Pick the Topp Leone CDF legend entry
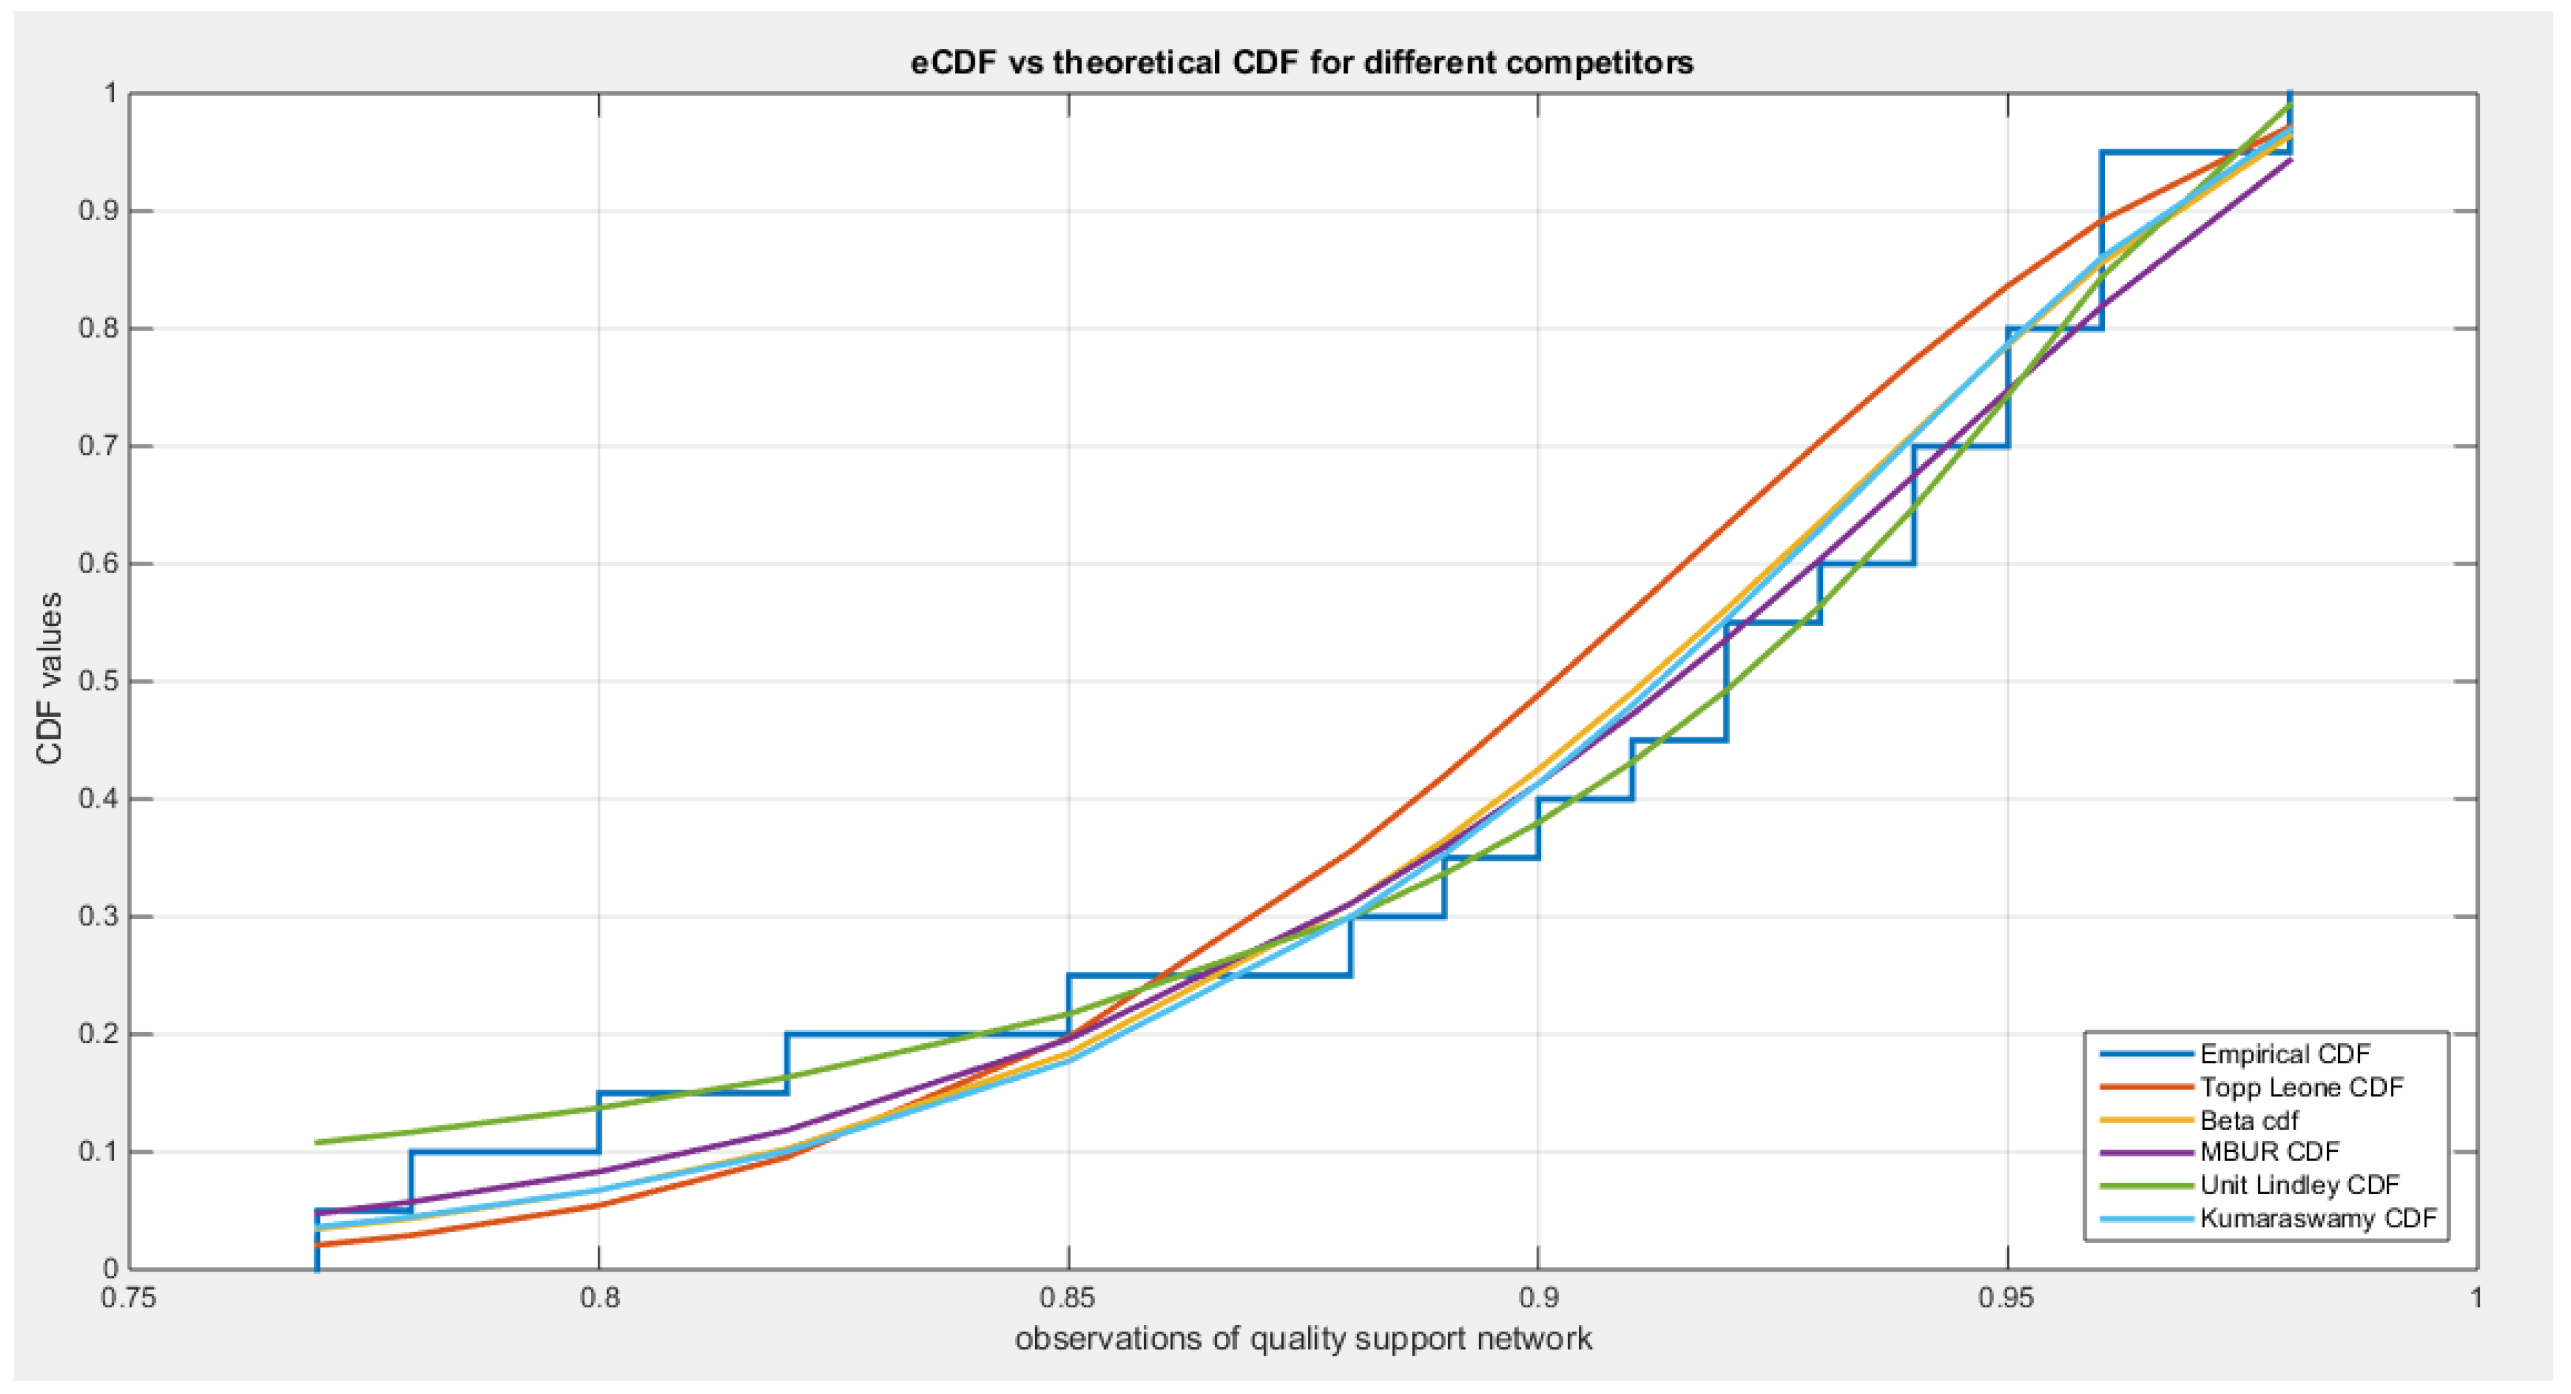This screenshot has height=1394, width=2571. [x=2301, y=1087]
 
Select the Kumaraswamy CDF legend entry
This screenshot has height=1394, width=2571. [x=2318, y=1218]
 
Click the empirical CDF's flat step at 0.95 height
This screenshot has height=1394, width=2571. [x=2196, y=153]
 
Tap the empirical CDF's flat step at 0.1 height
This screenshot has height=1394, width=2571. [x=504, y=1153]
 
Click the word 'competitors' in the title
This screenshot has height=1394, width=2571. [x=1598, y=63]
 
